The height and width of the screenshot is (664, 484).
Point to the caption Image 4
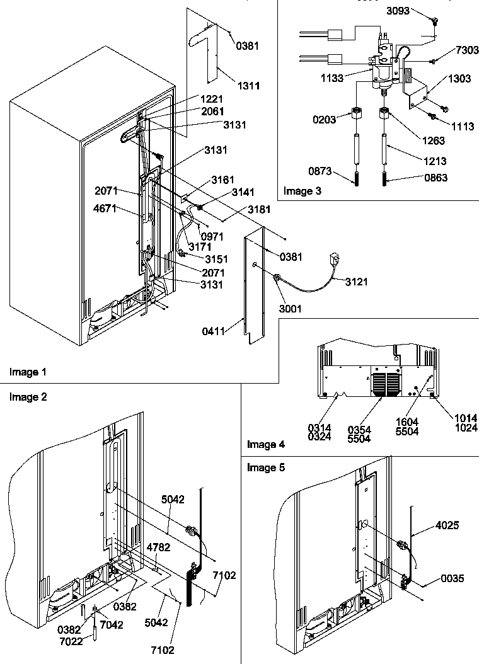[265, 444]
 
